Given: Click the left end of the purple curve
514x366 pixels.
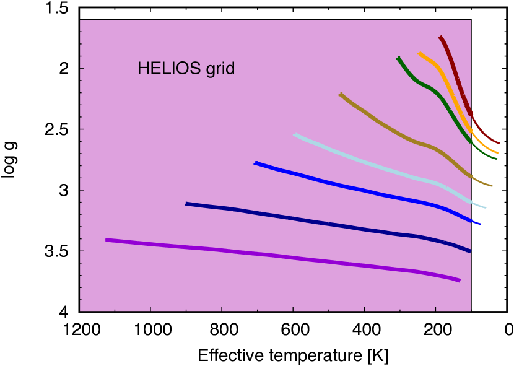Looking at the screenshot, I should pos(107,240).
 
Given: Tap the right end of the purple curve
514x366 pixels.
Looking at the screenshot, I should pos(460,281).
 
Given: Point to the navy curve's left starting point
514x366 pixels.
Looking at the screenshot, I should pos(187,203).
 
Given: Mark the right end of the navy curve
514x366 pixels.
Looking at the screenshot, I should pos(470,251).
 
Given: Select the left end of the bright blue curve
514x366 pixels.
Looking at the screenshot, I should pos(255,163).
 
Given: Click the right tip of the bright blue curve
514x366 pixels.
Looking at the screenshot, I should pos(480,224).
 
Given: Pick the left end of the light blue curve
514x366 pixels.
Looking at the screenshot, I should pos(295,134).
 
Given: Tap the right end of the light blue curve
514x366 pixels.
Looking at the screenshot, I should pos(486,207).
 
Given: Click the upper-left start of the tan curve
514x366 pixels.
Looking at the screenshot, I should pos(341,94).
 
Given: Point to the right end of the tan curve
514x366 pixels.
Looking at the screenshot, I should pos(492,185).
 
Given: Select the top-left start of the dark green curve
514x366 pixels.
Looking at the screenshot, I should pos(398,58).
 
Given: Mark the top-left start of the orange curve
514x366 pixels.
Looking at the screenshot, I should pos(419,53).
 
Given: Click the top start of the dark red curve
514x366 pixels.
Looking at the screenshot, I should pos(440,37).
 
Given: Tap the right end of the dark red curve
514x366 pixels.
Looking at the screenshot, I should pos(499,143).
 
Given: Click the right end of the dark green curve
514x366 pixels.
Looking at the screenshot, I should pos(497,158).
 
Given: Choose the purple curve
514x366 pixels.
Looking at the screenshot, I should pos(279,255).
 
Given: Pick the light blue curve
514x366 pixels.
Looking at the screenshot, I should pos(372,164).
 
